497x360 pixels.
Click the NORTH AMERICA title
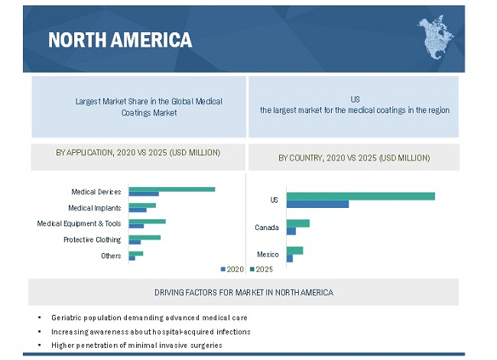click(x=120, y=40)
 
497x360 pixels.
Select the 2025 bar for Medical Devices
click(x=172, y=189)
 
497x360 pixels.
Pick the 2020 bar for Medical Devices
click(x=144, y=194)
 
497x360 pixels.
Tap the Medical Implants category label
click(x=95, y=207)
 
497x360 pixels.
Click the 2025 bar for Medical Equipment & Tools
click(x=147, y=222)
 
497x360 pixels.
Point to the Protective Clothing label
click(x=92, y=239)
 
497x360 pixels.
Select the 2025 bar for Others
click(x=136, y=253)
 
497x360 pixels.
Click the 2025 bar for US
click(x=361, y=196)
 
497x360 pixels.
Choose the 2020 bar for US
click(x=317, y=204)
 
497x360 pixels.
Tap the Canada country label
click(x=266, y=228)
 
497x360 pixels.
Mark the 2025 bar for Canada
click(x=298, y=223)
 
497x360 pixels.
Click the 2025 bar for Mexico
click(x=294, y=251)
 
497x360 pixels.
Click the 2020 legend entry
click(x=232, y=269)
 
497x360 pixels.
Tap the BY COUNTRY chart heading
click(x=353, y=157)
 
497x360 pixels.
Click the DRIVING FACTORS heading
click(x=243, y=292)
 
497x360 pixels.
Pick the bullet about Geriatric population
click(x=149, y=317)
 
